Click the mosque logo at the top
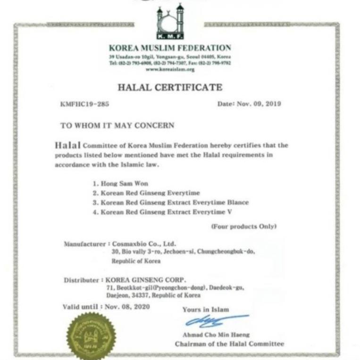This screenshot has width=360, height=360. (170, 23)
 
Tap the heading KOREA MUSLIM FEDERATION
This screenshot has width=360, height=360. (170, 48)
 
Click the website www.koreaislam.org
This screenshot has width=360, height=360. (170, 69)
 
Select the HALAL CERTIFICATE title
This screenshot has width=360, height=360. (169, 87)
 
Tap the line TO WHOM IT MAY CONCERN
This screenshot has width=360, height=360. (117, 126)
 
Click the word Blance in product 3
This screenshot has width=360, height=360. (237, 202)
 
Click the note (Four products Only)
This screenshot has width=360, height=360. (243, 226)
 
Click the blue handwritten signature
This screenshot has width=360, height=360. (214, 321)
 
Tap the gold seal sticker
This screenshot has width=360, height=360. (91, 335)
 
